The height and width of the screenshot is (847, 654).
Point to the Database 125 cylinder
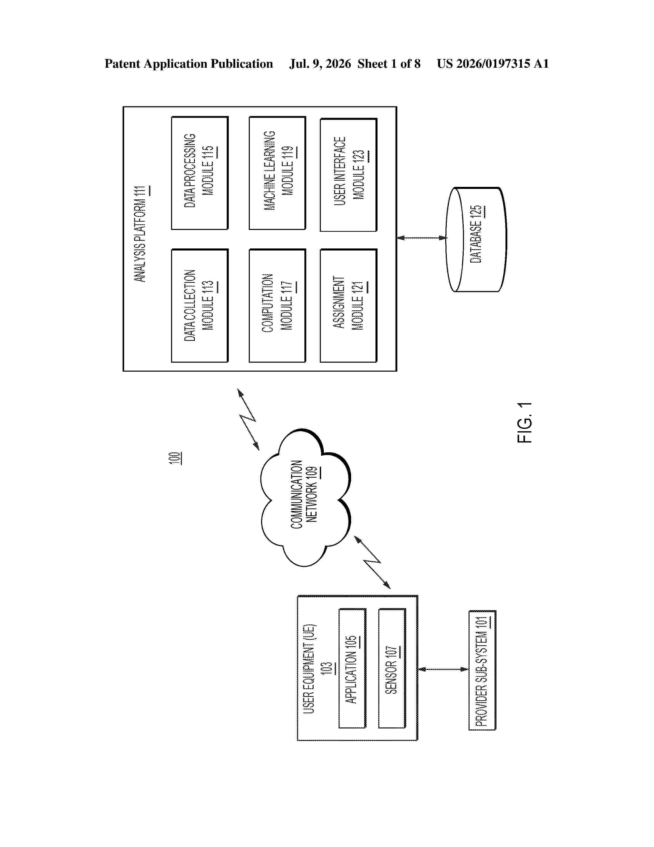477,239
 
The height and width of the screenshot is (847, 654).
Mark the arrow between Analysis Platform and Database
422,238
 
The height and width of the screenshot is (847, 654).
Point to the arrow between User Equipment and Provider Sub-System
444,669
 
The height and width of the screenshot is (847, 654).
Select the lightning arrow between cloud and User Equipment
372,562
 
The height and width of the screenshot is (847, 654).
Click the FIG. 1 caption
525,423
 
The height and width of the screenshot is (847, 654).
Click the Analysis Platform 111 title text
141,234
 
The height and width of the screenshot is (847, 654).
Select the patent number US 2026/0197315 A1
493,64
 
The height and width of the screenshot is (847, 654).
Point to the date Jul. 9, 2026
320,64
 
